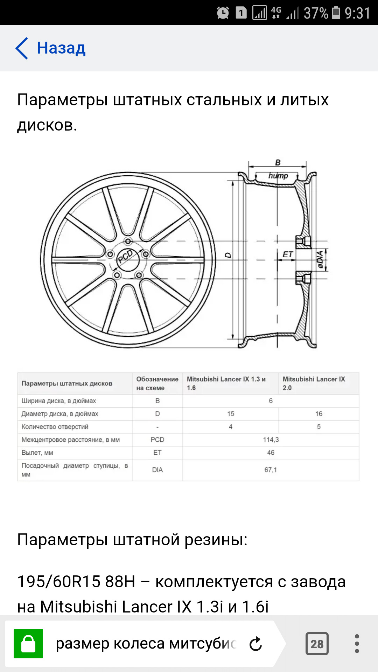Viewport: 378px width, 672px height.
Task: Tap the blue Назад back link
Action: [x=50, y=48]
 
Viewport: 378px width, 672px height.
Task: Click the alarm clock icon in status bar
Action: [x=223, y=13]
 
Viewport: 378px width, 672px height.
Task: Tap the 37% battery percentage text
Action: [x=316, y=13]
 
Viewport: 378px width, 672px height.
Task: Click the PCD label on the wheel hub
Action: [x=125, y=257]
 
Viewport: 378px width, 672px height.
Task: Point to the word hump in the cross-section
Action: [x=278, y=175]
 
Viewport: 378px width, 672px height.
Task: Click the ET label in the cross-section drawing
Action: [x=288, y=254]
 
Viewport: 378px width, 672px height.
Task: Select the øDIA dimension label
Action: [x=320, y=259]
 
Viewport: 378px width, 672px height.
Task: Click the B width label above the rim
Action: [x=278, y=162]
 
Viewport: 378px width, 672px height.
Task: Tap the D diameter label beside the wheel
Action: [x=228, y=255]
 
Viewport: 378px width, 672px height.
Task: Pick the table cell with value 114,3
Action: [x=271, y=440]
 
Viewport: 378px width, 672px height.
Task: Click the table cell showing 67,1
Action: [x=271, y=470]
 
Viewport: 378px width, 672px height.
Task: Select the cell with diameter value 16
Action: [x=319, y=414]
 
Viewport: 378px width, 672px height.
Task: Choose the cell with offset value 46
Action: [x=271, y=453]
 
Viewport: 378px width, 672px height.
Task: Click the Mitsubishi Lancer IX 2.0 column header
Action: [x=314, y=383]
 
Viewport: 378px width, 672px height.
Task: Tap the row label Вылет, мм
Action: [x=37, y=453]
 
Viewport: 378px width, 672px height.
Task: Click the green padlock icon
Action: [x=28, y=644]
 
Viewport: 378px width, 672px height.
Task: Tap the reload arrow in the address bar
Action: [x=256, y=644]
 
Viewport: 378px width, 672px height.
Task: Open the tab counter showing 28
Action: [x=317, y=644]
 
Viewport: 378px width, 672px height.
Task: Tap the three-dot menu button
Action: [x=357, y=644]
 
